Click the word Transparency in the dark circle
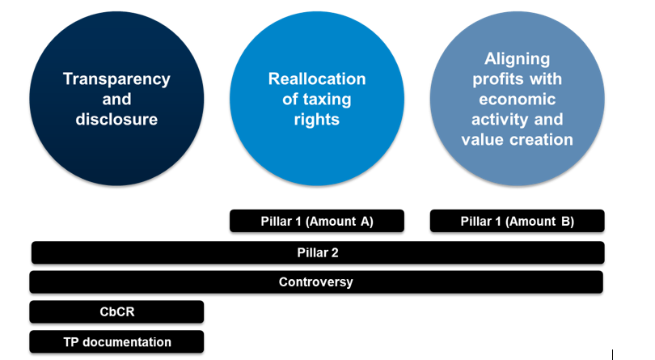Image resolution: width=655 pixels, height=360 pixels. point(116,79)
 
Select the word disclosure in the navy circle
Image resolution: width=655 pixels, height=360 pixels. point(116,120)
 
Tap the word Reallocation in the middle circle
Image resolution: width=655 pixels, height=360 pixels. point(317,79)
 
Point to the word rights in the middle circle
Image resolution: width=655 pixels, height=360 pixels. point(317,120)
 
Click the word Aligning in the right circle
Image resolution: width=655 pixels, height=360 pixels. point(518,59)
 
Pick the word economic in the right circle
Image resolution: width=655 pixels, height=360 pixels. point(518,100)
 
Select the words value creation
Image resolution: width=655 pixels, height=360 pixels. point(518,140)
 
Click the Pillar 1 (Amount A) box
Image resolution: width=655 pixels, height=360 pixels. point(317,221)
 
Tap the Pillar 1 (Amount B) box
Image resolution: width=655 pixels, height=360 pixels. point(518,221)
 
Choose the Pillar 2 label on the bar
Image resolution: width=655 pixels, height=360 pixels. point(318,252)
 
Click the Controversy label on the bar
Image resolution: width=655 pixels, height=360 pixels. point(316,282)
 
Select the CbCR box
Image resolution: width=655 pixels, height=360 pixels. point(116,312)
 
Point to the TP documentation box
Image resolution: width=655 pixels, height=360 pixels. point(116,342)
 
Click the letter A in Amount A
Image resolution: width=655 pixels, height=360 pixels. point(365,221)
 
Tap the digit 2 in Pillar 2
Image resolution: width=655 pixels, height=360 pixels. point(335,252)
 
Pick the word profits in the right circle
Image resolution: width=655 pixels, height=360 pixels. point(494,80)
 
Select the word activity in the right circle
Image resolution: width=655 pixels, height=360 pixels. point(497,120)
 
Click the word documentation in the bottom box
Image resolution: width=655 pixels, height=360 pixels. point(127,342)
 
